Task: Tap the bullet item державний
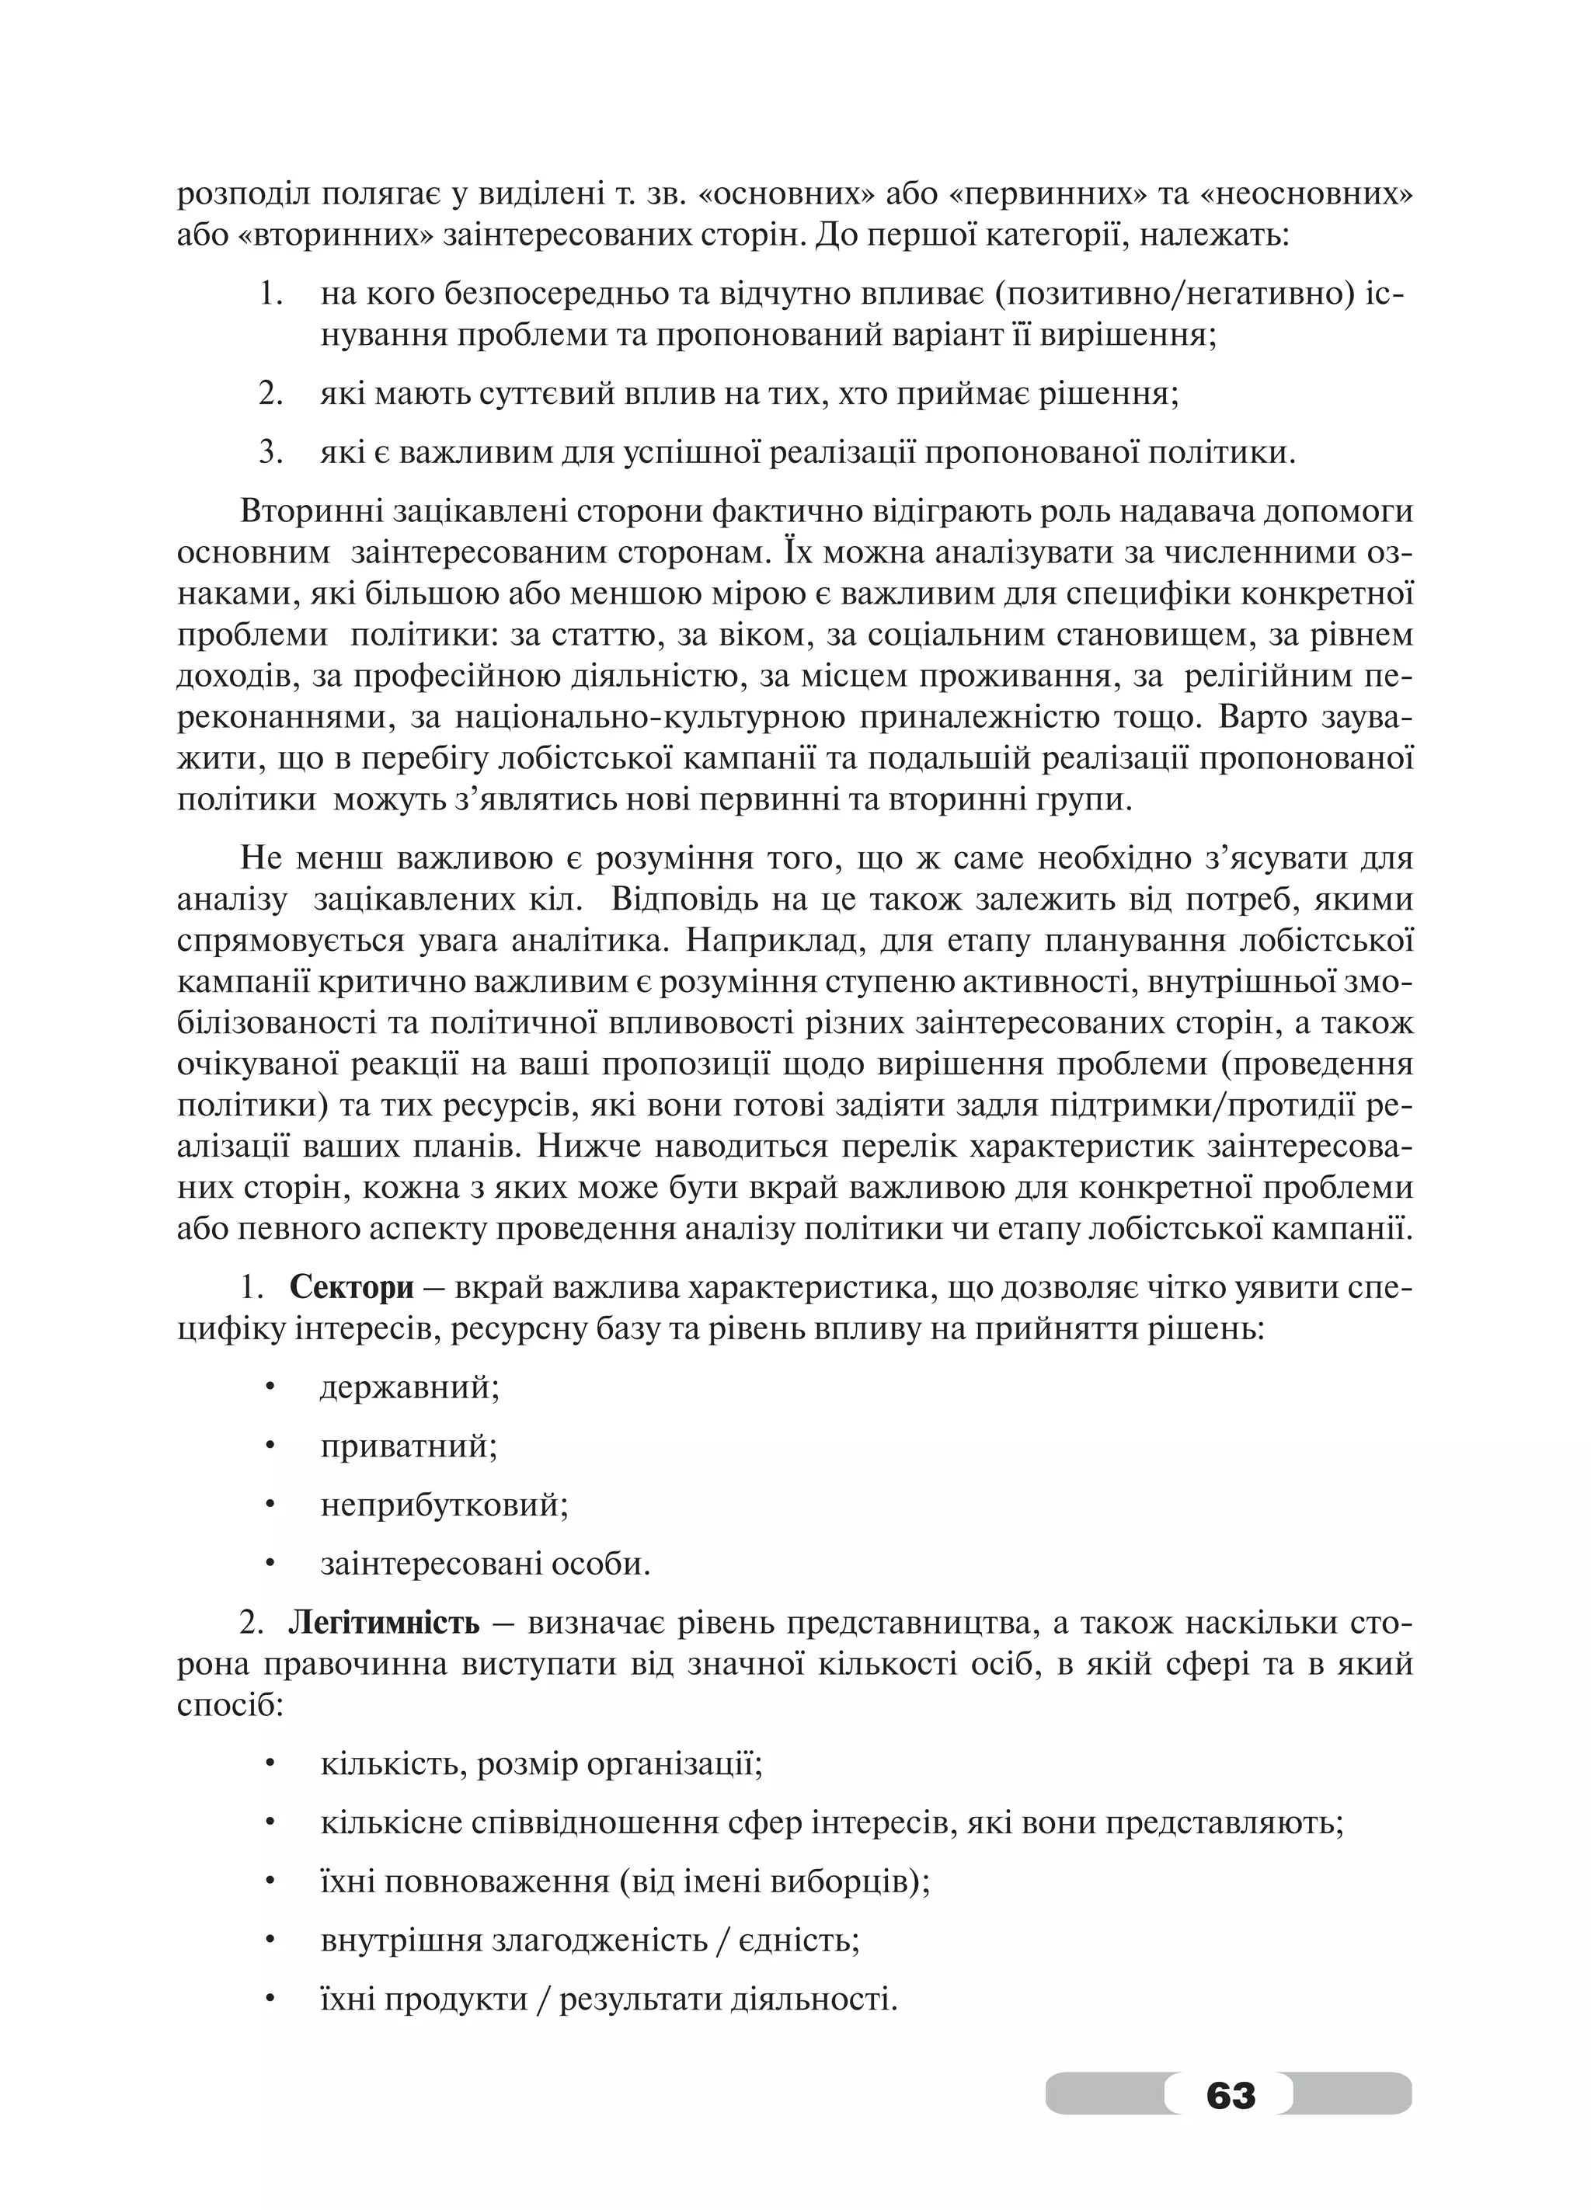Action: [x=410, y=1387]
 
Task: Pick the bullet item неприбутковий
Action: [x=444, y=1505]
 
